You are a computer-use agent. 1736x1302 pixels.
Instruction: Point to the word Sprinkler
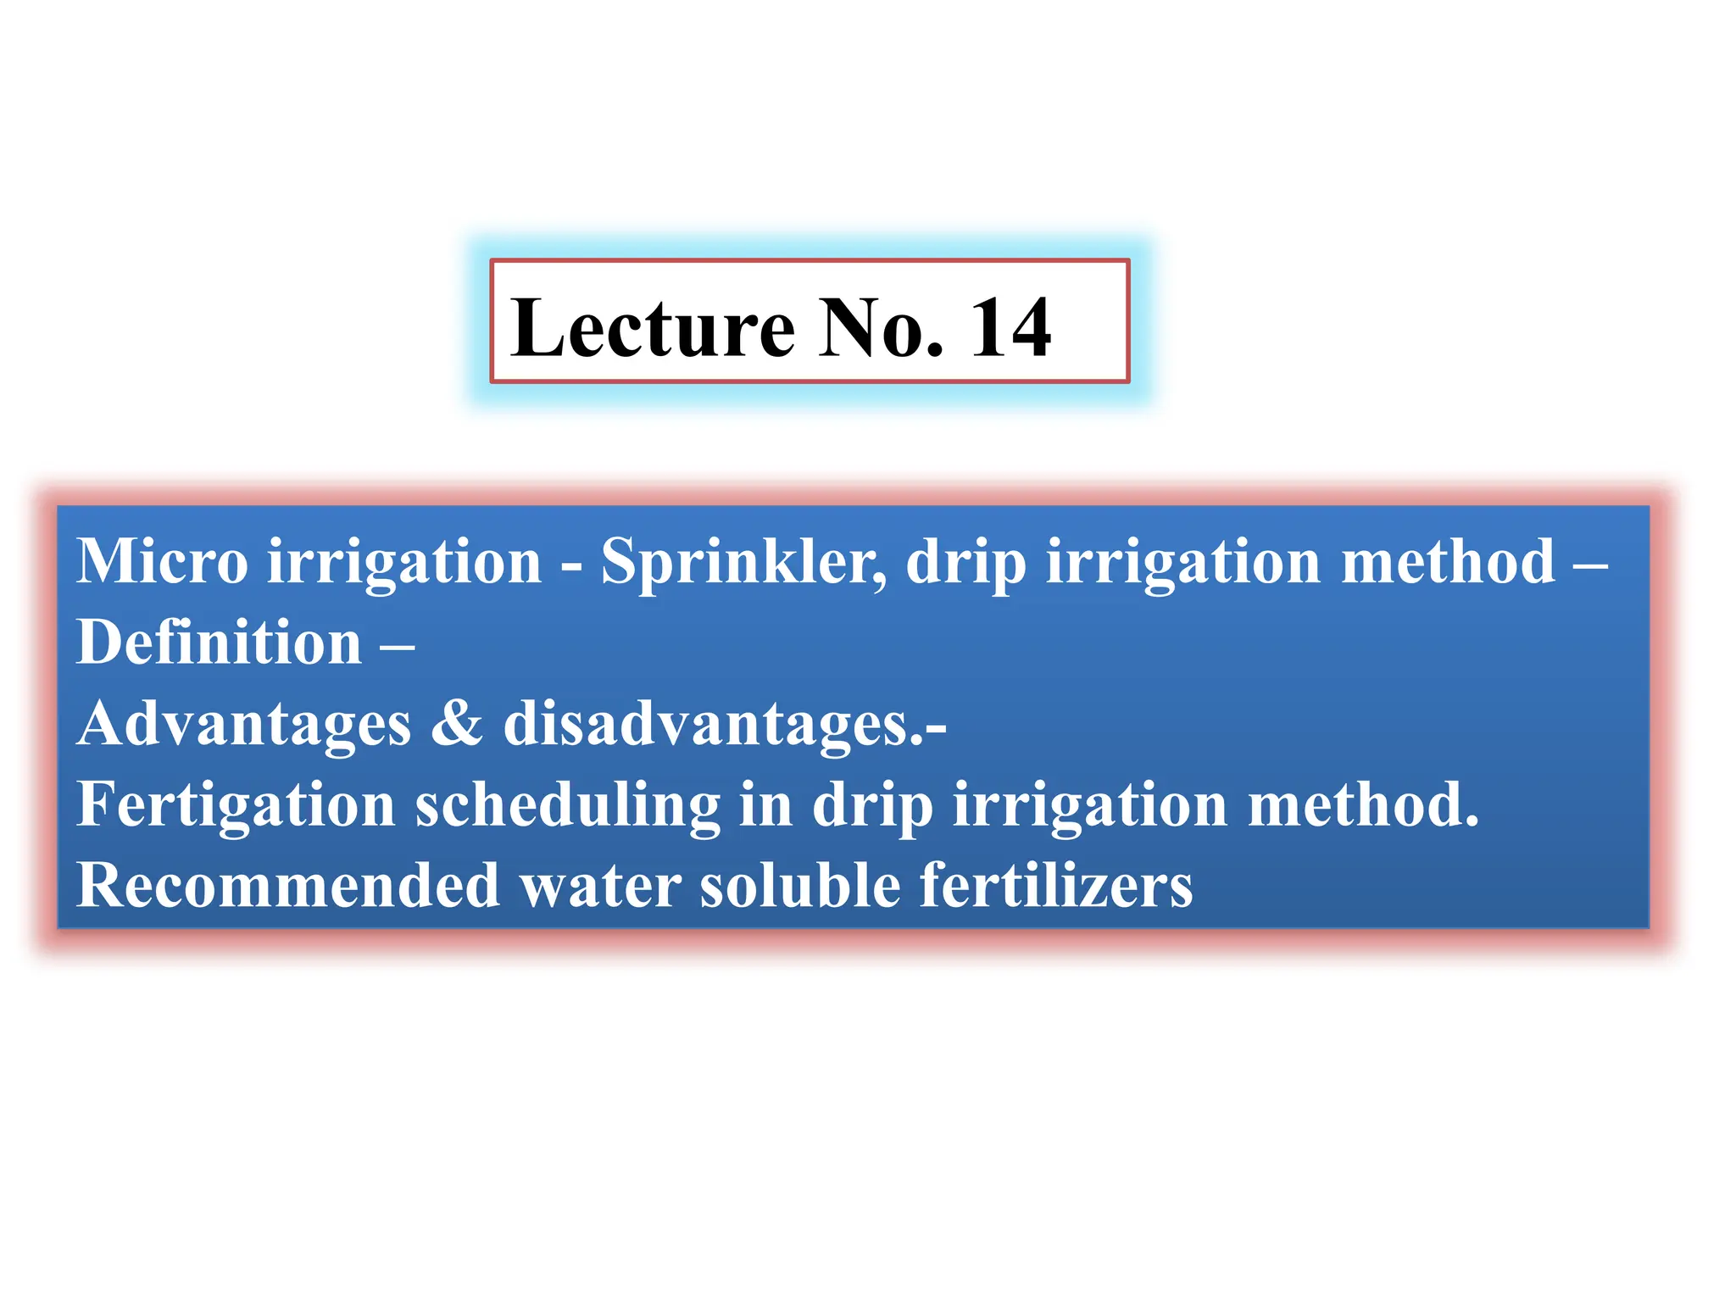[x=743, y=563]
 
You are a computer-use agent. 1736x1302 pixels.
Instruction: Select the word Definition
[x=220, y=642]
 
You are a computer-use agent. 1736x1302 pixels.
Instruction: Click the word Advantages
[x=244, y=725]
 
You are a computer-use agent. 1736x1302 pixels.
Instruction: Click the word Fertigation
[x=236, y=805]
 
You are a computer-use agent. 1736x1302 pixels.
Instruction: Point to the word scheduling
[x=567, y=805]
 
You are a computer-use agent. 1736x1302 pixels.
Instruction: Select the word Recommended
[x=288, y=886]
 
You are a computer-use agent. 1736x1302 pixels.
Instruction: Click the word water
[x=600, y=886]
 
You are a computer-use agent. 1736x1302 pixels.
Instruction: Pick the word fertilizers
[x=1056, y=886]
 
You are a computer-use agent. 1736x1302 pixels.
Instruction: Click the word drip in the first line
[x=965, y=563]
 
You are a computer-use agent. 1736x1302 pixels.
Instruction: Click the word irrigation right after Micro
[x=404, y=563]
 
